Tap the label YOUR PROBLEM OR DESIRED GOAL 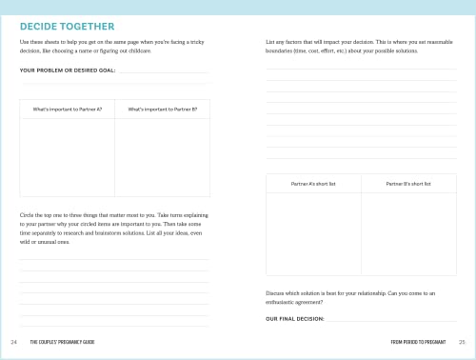click(x=68, y=70)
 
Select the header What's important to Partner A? click(x=67, y=110)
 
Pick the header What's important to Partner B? click(x=162, y=110)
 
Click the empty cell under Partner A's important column click(x=67, y=157)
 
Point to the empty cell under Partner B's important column click(x=162, y=157)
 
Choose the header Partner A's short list click(x=313, y=183)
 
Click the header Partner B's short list click(x=408, y=183)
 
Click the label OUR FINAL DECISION click(x=295, y=319)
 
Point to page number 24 click(x=13, y=341)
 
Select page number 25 click(x=462, y=341)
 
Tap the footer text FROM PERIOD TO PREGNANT click(x=419, y=341)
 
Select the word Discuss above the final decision click(x=276, y=292)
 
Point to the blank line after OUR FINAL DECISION click(x=390, y=320)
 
